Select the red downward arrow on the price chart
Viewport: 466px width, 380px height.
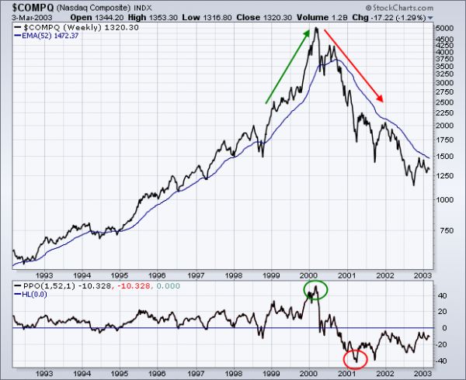pos(353,66)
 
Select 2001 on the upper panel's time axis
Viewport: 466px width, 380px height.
pos(346,275)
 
